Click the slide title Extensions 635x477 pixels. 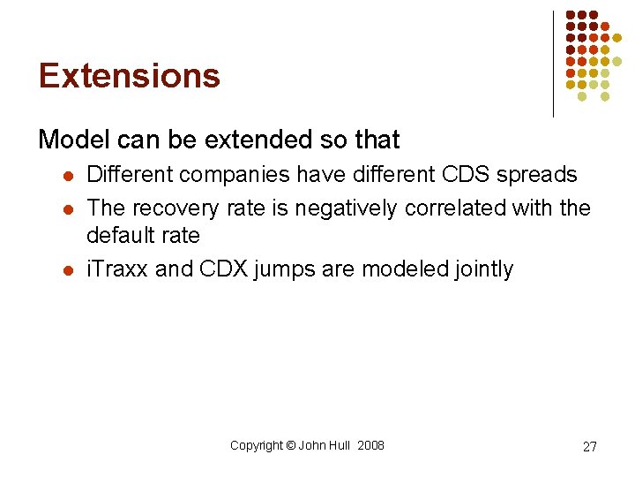coord(129,76)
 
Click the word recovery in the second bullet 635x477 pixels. coord(176,208)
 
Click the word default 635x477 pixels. coord(118,236)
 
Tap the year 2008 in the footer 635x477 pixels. coord(370,446)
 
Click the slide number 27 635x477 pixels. coord(589,447)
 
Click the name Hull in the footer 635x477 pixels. coord(340,446)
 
